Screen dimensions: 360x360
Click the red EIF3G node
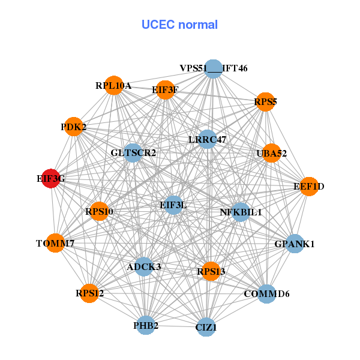(51, 178)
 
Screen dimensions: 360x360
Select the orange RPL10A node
(114, 85)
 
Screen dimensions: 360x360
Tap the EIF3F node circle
(166, 90)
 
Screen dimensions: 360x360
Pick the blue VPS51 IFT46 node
(214, 69)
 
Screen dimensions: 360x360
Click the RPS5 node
(265, 102)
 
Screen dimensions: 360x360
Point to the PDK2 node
(73, 127)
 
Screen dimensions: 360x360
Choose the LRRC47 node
(208, 139)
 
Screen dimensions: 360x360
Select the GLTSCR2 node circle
(133, 152)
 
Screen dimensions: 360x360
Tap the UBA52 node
(271, 153)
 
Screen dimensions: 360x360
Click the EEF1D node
(309, 187)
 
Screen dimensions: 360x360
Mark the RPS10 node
(99, 211)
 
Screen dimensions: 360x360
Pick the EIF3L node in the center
(173, 205)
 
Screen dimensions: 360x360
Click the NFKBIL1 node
(241, 212)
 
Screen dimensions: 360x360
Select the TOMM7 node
(55, 243)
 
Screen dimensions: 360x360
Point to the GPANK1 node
(295, 244)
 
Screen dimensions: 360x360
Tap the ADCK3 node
(144, 266)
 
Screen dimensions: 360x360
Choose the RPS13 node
(211, 271)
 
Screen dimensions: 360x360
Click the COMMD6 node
(266, 293)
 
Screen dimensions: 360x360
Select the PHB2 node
(146, 325)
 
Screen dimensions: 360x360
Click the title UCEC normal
(179, 25)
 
